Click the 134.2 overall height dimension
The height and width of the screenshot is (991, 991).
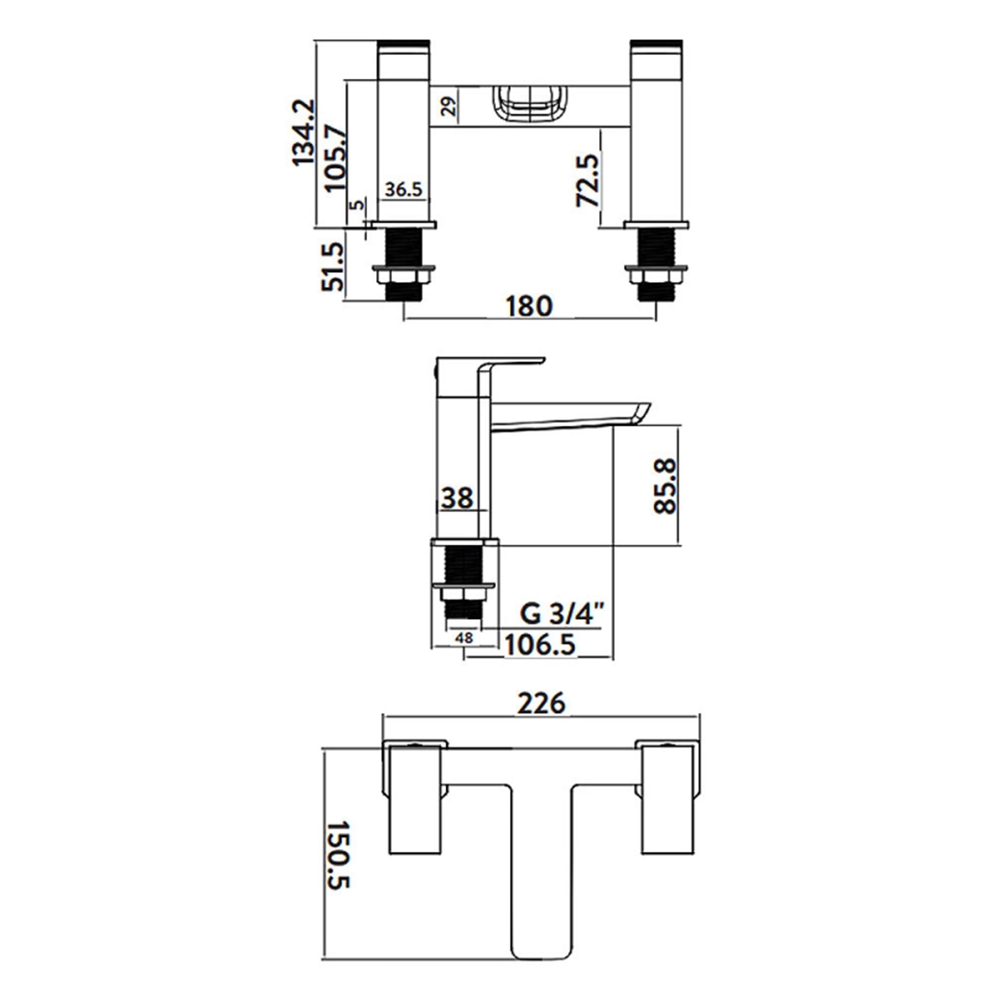[x=303, y=132]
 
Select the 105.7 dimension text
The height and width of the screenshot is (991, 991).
[x=336, y=158]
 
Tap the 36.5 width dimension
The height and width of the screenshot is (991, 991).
[x=404, y=189]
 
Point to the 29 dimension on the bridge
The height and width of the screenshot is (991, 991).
[x=449, y=107]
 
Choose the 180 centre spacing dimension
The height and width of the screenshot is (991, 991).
[x=529, y=306]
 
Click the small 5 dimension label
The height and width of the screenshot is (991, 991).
[x=358, y=204]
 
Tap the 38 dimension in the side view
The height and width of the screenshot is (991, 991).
[x=457, y=497]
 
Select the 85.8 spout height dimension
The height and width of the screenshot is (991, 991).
[x=666, y=486]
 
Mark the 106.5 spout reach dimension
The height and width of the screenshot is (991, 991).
[x=540, y=645]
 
